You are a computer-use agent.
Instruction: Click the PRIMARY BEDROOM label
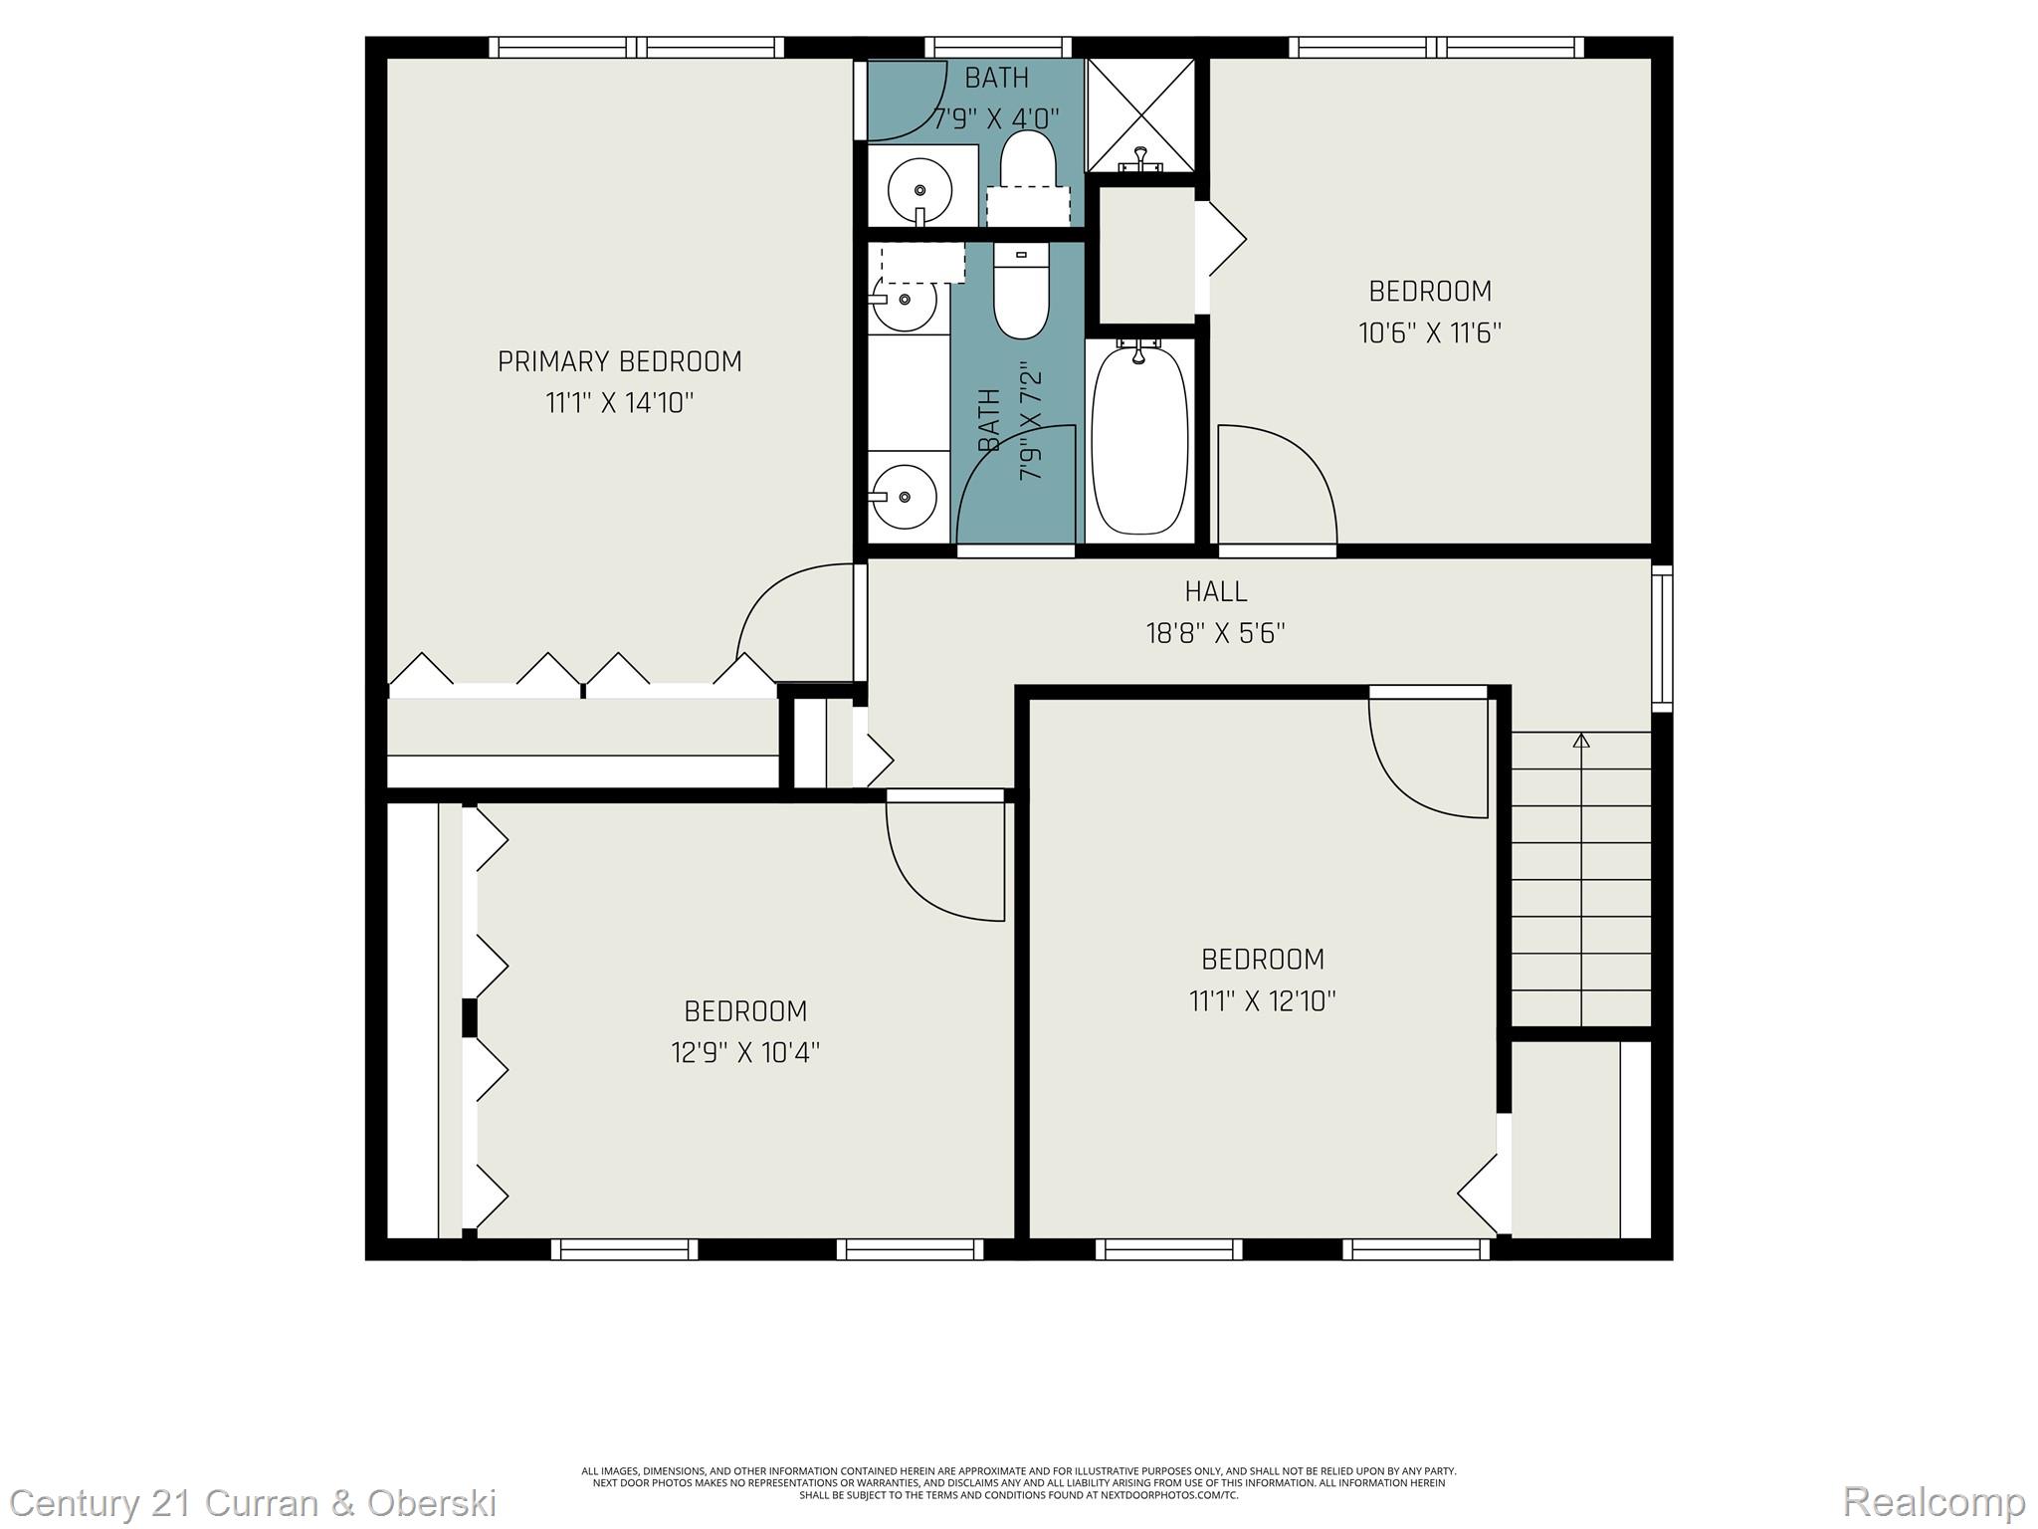tap(619, 361)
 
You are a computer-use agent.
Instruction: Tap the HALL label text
tap(1215, 591)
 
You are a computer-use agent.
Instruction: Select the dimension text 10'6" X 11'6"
tap(1429, 332)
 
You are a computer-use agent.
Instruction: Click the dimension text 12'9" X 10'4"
tap(744, 1052)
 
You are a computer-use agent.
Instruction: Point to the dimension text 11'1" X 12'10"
tap(1262, 1000)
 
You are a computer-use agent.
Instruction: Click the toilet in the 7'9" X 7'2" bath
tap(1021, 294)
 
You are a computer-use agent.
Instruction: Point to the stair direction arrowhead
tap(1581, 740)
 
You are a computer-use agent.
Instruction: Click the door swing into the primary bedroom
tap(791, 612)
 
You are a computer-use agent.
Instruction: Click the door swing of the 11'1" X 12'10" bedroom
tap(1429, 758)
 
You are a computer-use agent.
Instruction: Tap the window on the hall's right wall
tap(1662, 637)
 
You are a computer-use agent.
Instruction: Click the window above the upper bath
tap(997, 47)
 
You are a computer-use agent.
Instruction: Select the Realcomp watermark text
tap(1934, 1501)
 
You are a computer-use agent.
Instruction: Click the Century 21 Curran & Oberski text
tap(253, 1502)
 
